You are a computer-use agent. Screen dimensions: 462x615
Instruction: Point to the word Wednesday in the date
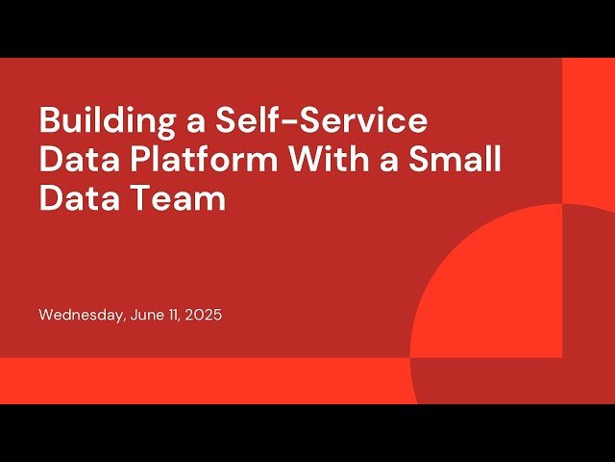[x=81, y=315]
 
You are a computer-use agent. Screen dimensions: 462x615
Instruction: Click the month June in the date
[x=144, y=315]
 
